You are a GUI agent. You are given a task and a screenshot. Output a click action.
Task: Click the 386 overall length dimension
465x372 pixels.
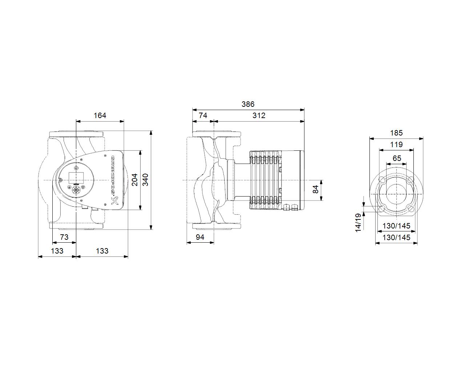(x=248, y=104)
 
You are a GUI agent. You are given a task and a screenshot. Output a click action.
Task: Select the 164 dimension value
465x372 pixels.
(x=100, y=116)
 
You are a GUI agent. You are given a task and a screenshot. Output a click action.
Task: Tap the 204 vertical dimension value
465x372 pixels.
(x=135, y=180)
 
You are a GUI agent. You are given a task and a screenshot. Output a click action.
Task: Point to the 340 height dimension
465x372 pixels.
(x=145, y=180)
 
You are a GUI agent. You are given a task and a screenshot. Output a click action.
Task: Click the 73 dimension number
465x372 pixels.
(x=64, y=237)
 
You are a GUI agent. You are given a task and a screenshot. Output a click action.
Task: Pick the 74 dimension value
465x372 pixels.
(x=203, y=116)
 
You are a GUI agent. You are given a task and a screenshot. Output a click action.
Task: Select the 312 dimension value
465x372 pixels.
(x=259, y=116)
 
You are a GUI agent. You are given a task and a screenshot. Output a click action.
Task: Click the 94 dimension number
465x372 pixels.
(x=200, y=237)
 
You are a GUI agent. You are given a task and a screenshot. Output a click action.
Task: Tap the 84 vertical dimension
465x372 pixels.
(x=316, y=189)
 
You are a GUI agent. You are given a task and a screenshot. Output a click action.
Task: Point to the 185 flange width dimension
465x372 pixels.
(x=396, y=133)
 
